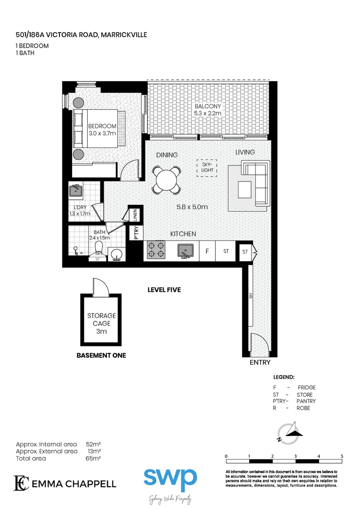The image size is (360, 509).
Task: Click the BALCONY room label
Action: pyautogui.click(x=208, y=107)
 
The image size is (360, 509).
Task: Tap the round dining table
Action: pyautogui.click(x=166, y=180)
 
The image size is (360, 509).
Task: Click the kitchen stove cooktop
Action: pyautogui.click(x=156, y=250)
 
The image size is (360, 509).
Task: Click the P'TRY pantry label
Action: pyautogui.click(x=136, y=233)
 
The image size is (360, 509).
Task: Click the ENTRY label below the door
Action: pyautogui.click(x=260, y=362)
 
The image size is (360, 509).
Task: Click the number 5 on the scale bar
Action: pyautogui.click(x=342, y=456)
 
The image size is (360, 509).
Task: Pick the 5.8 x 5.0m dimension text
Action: pyautogui.click(x=192, y=207)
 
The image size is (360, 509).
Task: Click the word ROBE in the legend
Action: pyautogui.click(x=303, y=408)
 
